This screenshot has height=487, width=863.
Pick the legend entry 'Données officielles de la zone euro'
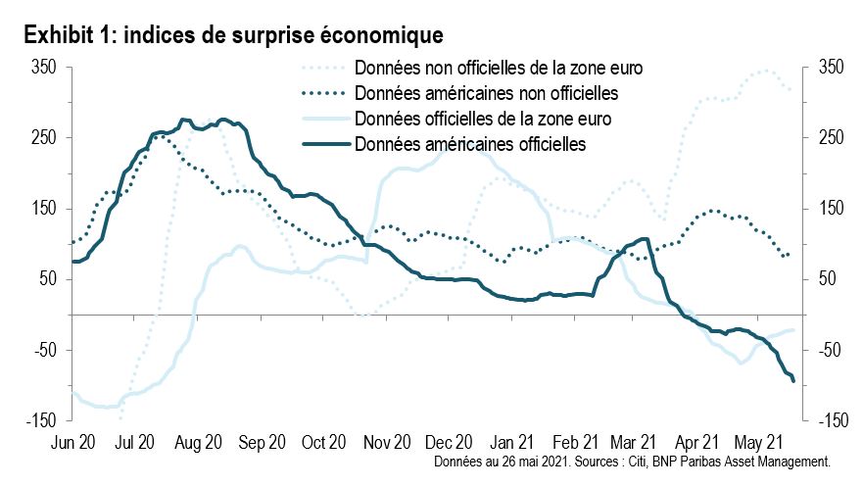(x=484, y=120)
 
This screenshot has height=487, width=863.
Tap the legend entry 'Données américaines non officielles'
(x=487, y=94)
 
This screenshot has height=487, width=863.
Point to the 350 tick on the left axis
(x=44, y=67)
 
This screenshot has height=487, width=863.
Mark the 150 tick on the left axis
(x=44, y=209)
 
